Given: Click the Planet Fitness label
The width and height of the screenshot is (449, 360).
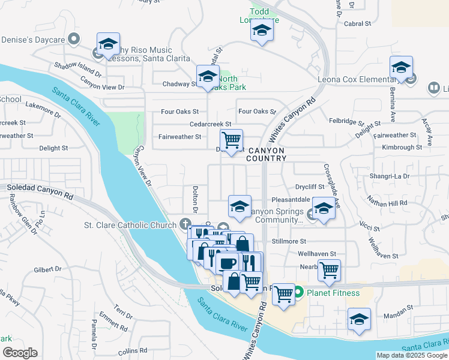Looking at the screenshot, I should [x=333, y=293].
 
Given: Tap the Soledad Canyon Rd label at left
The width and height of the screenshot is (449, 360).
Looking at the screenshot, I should [x=40, y=191].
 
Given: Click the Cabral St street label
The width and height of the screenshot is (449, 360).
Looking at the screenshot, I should [x=358, y=24].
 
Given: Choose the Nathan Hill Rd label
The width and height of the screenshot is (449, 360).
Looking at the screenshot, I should [x=387, y=203].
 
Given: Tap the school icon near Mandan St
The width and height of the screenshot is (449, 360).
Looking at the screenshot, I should [x=359, y=319].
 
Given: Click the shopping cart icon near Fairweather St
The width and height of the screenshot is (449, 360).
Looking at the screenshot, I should [x=231, y=140].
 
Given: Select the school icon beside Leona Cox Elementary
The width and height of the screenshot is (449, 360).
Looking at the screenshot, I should [x=400, y=67].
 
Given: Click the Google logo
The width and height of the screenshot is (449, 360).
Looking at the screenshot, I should [x=20, y=353].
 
